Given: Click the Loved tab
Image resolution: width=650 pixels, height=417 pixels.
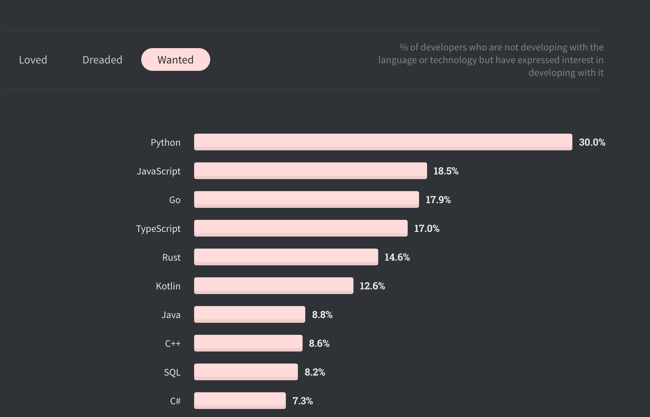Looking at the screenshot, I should click(33, 60).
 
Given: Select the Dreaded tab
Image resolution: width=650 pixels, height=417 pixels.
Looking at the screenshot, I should click(102, 60).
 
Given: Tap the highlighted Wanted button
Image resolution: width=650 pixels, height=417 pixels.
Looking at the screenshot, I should click(175, 59).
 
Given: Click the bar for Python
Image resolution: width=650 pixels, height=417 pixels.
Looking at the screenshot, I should click(383, 142).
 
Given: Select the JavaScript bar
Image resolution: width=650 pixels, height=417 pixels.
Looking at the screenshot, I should click(310, 171).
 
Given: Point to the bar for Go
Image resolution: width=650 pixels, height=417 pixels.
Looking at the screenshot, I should click(306, 199).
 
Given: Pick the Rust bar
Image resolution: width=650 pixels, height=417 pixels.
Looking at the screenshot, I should click(286, 257).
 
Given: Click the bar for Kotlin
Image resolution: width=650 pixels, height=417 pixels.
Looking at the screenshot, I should click(273, 286).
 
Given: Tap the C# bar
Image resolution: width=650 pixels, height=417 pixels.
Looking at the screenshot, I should click(240, 401).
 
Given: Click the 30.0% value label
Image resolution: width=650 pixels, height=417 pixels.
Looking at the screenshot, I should click(592, 142).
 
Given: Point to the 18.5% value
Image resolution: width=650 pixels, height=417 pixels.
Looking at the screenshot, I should click(445, 171).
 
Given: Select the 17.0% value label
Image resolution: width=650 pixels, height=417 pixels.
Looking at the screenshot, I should click(426, 229).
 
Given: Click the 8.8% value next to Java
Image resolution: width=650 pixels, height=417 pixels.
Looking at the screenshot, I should click(322, 315).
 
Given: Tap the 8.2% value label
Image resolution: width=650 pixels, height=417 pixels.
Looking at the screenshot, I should click(315, 372).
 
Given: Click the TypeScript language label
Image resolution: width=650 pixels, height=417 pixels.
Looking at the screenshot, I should click(158, 229).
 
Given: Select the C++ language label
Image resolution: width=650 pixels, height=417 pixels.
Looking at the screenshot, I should click(173, 343).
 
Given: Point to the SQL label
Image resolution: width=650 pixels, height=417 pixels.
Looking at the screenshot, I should click(172, 372).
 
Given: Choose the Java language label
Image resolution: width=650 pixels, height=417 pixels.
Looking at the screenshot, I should click(171, 315).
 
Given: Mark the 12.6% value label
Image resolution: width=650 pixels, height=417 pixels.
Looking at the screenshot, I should click(372, 286).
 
